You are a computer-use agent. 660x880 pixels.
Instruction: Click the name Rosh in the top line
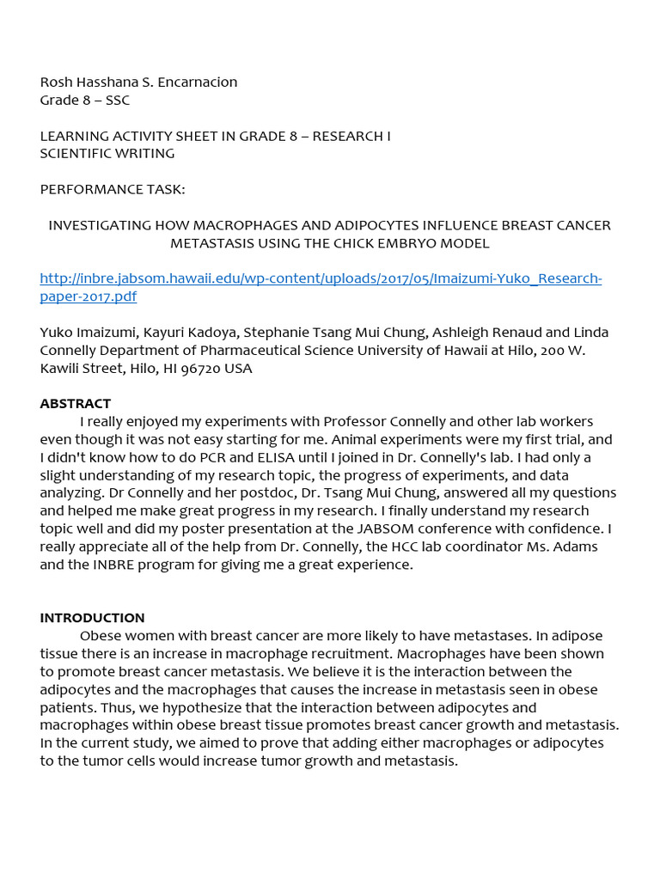coord(57,82)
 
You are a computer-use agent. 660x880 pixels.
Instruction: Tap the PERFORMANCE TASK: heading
coord(113,189)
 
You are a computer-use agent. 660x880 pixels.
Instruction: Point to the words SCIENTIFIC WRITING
coord(107,154)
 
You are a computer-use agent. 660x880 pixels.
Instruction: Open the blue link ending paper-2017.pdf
coord(89,297)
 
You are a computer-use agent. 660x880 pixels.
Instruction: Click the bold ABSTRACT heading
coord(76,404)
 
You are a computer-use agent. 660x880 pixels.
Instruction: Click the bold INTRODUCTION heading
coord(92,618)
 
